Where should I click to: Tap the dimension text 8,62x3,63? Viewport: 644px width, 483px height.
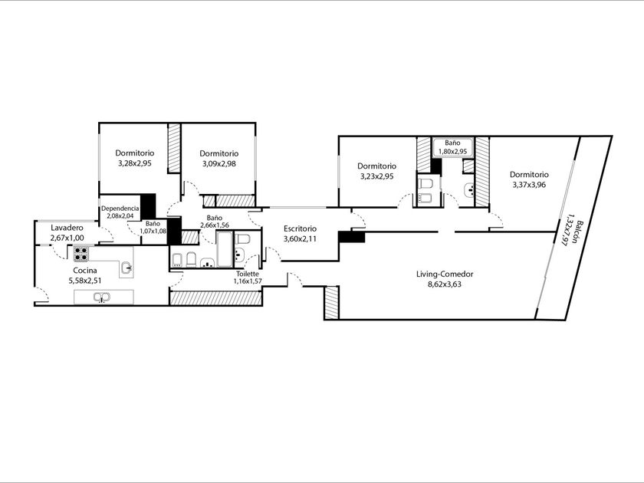(445, 284)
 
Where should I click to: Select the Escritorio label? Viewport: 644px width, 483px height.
(301, 228)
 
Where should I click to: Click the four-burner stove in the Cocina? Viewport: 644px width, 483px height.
(81, 254)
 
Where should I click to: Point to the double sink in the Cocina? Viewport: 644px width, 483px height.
(101, 297)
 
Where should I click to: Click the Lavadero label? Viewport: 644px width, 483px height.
(67, 228)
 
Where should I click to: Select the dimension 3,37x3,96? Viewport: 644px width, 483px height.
(529, 185)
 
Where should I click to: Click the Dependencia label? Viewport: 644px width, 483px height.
(120, 209)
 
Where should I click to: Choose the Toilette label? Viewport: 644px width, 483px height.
(248, 274)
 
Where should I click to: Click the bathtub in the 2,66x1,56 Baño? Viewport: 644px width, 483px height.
(224, 249)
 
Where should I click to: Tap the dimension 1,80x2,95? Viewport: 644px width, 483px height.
(452, 151)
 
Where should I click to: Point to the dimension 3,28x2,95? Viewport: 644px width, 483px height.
(135, 163)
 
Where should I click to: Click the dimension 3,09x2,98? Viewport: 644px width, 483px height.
(219, 163)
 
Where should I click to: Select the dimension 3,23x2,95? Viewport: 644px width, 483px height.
(377, 176)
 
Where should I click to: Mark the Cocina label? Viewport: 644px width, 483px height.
(85, 270)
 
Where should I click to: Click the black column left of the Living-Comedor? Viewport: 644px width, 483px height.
(352, 237)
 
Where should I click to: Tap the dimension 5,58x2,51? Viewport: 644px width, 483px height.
(85, 281)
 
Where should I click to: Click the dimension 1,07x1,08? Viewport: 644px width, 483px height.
(153, 231)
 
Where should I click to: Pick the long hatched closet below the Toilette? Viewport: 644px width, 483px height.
(215, 298)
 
